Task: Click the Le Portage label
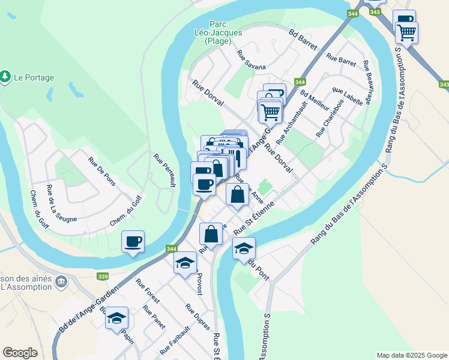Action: point(34,77)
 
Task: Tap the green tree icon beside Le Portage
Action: point(5,77)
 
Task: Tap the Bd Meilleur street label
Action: point(315,99)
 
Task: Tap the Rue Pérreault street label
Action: point(164,170)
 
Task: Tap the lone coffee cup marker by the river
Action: point(133,242)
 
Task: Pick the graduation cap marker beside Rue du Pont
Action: point(244,249)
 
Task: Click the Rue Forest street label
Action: point(148,292)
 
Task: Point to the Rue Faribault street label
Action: point(175,340)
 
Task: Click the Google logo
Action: point(20,353)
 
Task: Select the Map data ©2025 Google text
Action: point(411,355)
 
